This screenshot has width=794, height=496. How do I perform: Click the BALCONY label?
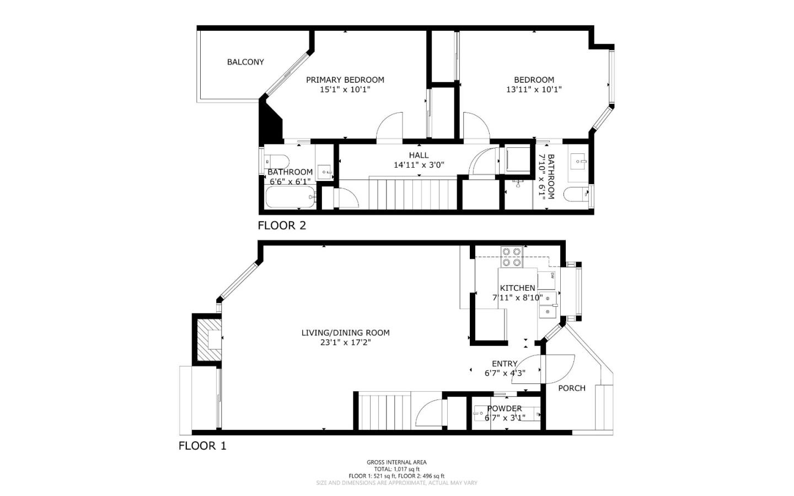[x=245, y=62]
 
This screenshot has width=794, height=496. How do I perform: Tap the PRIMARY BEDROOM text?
[x=345, y=79]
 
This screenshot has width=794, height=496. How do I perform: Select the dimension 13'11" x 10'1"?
[x=534, y=89]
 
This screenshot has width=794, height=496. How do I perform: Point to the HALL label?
[x=419, y=155]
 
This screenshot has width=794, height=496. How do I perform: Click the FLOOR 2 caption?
[x=281, y=225]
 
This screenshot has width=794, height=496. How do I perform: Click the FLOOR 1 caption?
[x=202, y=446]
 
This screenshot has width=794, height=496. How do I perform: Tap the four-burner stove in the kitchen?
[x=511, y=257]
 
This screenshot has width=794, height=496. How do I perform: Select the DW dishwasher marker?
[x=552, y=275]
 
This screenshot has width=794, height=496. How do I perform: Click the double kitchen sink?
[x=548, y=305]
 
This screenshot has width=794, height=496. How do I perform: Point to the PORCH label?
[x=571, y=388]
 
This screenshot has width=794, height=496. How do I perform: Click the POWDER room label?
[x=504, y=408]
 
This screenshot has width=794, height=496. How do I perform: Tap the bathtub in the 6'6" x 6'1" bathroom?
[x=290, y=198]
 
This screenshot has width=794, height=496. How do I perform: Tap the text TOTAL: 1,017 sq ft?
[x=396, y=469]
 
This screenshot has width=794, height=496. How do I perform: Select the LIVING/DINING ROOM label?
[x=345, y=333]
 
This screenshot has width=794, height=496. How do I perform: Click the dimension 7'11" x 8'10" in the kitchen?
[x=517, y=298]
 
